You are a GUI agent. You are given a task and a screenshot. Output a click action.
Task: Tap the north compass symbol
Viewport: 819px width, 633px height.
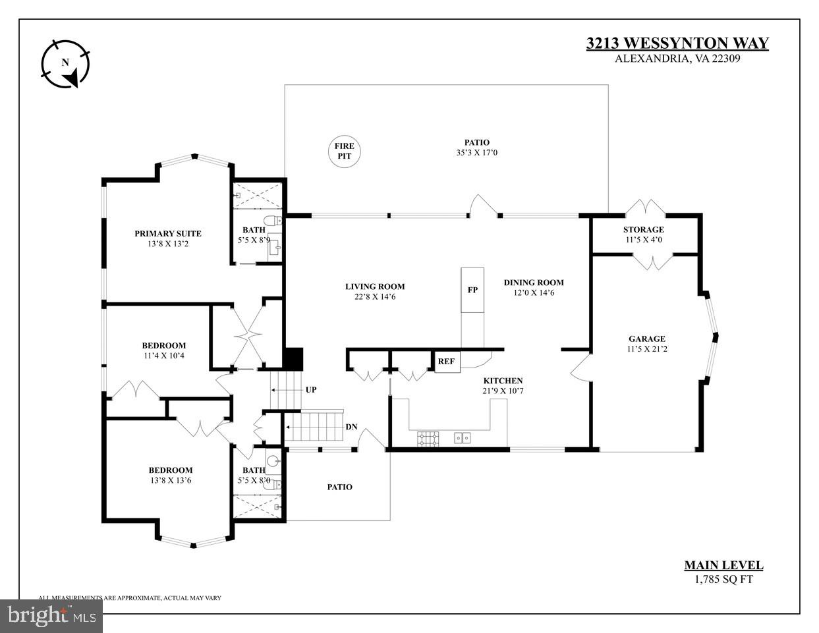(65, 63)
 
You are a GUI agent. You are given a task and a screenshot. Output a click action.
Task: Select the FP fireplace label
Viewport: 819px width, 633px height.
(472, 290)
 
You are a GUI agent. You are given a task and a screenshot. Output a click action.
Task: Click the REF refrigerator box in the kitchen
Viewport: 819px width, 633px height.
(446, 362)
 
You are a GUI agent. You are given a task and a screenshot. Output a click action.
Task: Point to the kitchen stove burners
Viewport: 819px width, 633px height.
(426, 437)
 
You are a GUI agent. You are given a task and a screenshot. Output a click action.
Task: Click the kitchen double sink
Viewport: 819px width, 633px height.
(462, 437)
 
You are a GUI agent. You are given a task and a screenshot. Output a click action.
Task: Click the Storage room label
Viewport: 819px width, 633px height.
(643, 229)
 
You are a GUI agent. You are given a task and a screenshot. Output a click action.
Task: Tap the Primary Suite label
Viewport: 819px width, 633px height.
(168, 233)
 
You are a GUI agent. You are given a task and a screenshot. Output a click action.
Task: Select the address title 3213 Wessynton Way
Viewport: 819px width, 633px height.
(677, 43)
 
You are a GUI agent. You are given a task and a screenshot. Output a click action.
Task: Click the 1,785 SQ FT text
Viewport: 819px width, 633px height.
(723, 580)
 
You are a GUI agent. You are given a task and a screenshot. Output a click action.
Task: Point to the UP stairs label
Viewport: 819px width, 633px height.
(311, 390)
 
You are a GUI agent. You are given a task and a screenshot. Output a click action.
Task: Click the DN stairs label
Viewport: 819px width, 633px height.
(351, 427)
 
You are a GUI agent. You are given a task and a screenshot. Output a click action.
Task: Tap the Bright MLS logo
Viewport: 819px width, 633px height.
(51, 616)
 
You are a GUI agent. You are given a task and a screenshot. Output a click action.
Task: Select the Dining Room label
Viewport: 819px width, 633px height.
(534, 283)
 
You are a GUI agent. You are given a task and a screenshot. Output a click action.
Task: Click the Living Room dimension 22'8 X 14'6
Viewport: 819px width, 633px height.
(375, 296)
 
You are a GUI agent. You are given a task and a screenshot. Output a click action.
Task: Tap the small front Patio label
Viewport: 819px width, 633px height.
(340, 487)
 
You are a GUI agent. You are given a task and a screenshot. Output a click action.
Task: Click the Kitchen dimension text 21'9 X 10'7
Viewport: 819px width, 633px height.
(503, 391)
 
